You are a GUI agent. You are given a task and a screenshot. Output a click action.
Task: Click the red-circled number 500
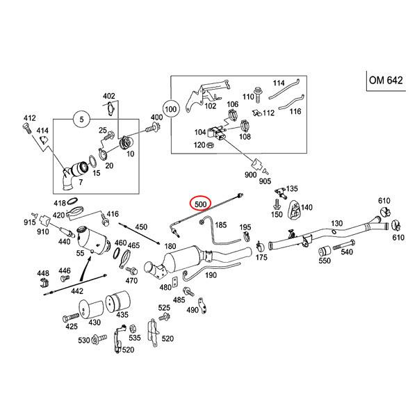(201, 204)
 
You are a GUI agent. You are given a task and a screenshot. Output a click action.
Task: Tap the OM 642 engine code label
(386, 81)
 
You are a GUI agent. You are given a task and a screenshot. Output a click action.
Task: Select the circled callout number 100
(170, 109)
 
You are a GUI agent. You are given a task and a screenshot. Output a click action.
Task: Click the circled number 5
(81, 120)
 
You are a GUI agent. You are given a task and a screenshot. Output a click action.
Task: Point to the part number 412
(29, 118)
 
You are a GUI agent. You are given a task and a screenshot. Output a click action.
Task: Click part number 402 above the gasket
(109, 95)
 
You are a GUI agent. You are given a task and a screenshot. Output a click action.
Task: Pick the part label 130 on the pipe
(337, 223)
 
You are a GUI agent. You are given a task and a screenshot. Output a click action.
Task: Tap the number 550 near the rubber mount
(325, 261)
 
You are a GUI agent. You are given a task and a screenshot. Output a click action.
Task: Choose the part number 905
(265, 181)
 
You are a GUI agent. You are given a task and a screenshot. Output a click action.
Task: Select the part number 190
(211, 275)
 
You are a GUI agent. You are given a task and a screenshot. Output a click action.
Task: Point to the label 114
(279, 81)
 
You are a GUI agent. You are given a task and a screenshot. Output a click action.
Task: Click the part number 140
(307, 208)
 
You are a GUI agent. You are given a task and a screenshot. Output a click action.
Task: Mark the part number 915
(29, 222)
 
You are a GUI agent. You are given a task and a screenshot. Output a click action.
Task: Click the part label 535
(135, 338)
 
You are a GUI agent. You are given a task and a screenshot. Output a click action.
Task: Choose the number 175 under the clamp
(261, 258)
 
